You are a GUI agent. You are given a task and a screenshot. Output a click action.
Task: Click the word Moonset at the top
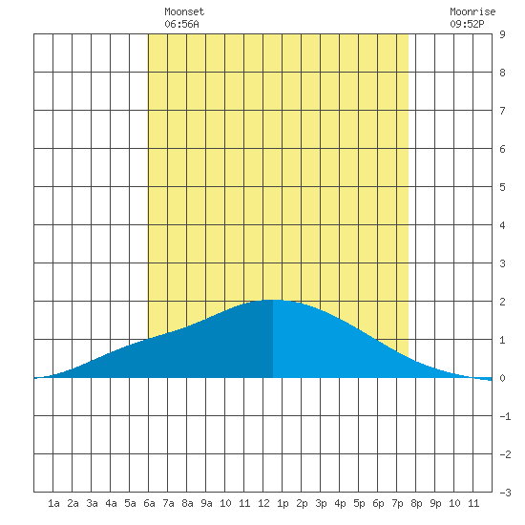click(184, 11)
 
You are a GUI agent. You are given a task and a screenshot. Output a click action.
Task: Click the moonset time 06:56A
click(181, 24)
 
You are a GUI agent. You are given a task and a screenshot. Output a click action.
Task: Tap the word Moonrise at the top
click(472, 11)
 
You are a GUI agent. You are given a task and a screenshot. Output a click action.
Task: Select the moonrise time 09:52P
click(467, 24)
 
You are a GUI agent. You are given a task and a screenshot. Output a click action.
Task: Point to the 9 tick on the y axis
click(502, 34)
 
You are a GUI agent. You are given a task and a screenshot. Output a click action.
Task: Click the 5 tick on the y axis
click(502, 187)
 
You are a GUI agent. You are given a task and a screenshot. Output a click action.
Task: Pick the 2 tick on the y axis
click(502, 302)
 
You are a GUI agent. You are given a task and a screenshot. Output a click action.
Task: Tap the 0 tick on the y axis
click(502, 378)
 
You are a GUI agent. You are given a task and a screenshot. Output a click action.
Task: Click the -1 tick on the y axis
click(505, 416)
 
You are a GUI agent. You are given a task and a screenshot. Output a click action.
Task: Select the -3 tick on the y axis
click(505, 493)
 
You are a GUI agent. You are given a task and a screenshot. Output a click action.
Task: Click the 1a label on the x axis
click(53, 503)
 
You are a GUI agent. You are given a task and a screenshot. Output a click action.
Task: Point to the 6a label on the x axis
click(149, 503)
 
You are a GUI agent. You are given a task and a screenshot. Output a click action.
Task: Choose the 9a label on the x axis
click(206, 503)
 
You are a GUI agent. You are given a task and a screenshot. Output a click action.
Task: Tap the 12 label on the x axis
click(263, 503)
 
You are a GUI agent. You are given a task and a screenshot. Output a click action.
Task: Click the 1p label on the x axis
click(283, 503)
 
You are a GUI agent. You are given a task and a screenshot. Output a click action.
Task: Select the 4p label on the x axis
click(340, 503)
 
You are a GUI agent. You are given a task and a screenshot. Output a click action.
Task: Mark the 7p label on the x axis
click(397, 503)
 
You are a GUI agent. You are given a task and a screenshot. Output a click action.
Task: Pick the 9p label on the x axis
click(435, 503)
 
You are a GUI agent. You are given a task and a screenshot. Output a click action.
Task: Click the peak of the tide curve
click(273, 300)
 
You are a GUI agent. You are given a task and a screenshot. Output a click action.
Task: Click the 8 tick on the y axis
click(502, 73)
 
